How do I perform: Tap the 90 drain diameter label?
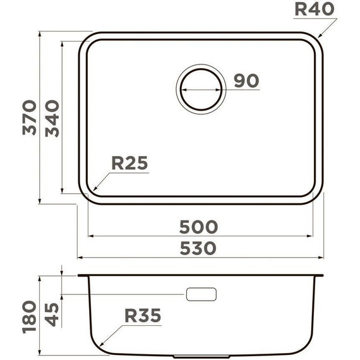pyautogui.click(x=246, y=81)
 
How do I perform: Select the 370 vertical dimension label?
pyautogui.click(x=28, y=117)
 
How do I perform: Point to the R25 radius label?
pyautogui.click(x=129, y=164)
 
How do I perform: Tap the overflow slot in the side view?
pyautogui.click(x=201, y=294)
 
